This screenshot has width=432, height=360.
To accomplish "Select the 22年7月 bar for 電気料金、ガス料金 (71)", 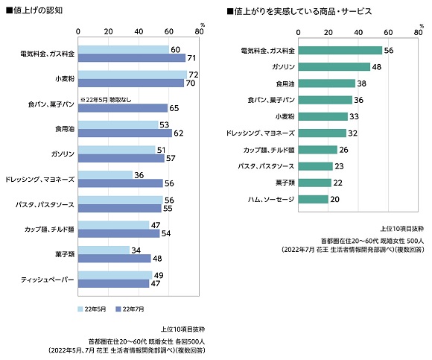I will [131, 57].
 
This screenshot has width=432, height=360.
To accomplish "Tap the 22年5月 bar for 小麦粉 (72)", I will [132, 75].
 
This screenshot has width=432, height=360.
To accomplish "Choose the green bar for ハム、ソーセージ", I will [312, 199].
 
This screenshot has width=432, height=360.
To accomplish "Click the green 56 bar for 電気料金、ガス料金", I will [339, 50].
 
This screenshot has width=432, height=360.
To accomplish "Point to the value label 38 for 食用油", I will [361, 83].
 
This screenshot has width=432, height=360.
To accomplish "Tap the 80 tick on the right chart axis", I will [416, 33].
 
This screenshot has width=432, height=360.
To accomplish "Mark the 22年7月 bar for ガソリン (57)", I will [121, 158].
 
